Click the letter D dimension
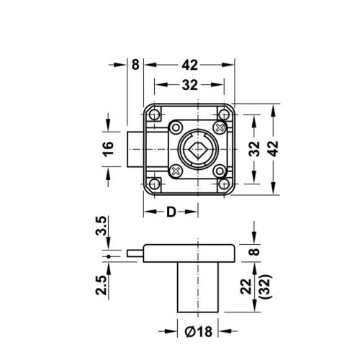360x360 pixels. click(x=171, y=212)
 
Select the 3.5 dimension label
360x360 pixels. click(x=103, y=228)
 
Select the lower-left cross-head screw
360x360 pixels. click(x=176, y=172)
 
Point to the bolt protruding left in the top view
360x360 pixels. click(x=133, y=150)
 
